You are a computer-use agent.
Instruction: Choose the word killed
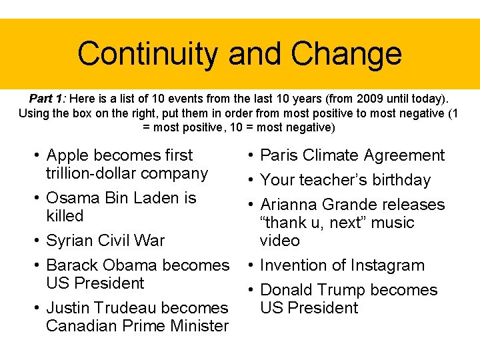coord(65,216)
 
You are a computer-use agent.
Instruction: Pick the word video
coord(280,241)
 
